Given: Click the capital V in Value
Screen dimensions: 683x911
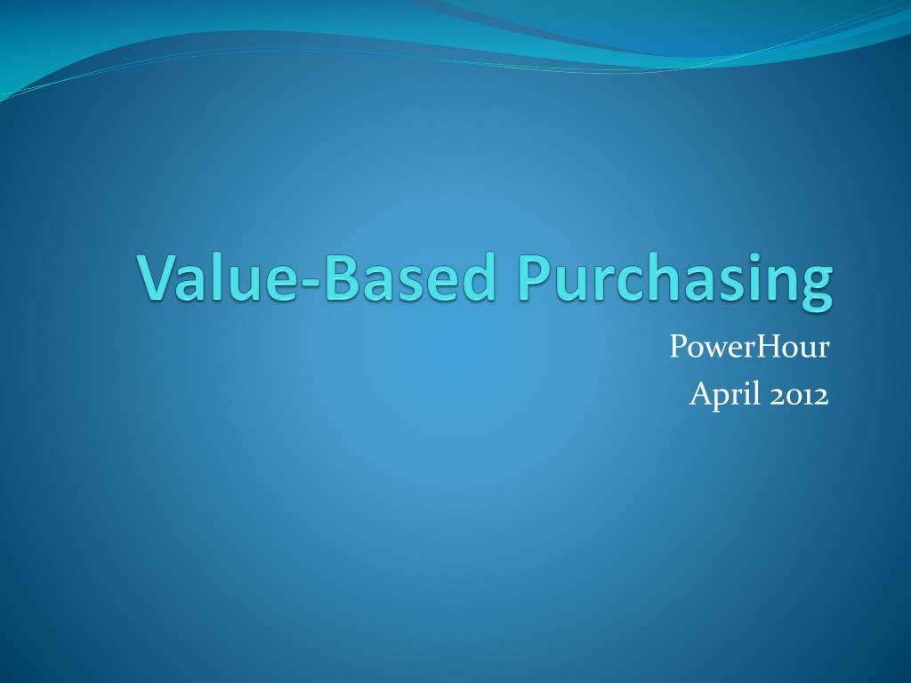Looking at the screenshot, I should coord(157,278).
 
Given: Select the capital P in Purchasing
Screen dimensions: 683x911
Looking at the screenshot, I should coord(535,278).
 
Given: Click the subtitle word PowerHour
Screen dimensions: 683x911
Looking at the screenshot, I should coord(749,347).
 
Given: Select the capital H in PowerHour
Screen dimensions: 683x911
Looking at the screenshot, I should coord(768,347).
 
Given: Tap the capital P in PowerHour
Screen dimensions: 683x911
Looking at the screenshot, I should coord(678,347).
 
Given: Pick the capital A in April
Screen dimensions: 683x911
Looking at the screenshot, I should coord(700,394).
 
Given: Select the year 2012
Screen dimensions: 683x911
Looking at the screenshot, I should coord(799,395).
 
